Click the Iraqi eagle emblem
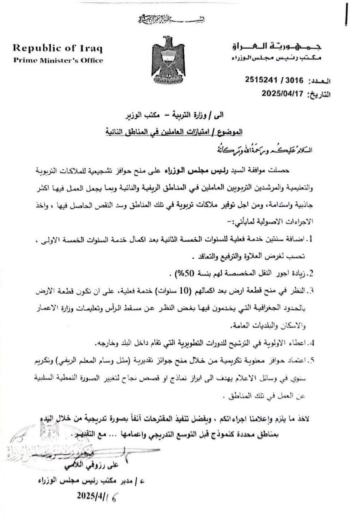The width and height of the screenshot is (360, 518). click(x=168, y=59)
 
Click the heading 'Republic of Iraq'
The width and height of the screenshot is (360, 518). click(x=58, y=48)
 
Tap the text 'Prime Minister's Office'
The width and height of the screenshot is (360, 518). click(x=58, y=60)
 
